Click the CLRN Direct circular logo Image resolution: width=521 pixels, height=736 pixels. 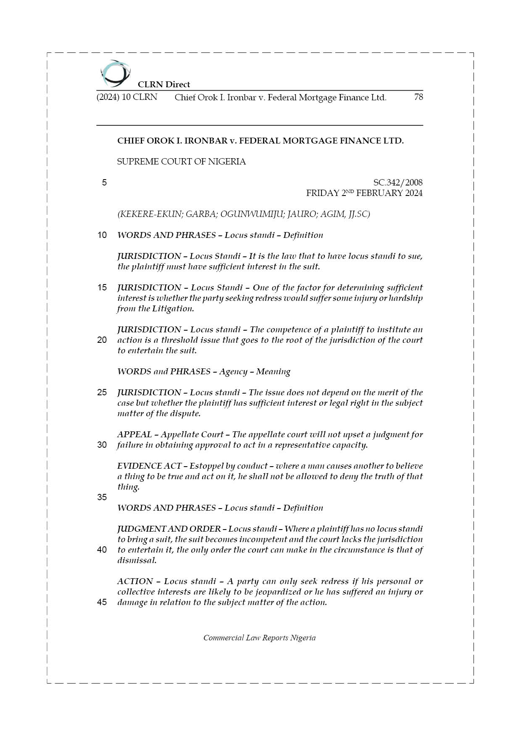click(x=115, y=73)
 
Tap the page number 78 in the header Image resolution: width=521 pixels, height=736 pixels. click(x=418, y=97)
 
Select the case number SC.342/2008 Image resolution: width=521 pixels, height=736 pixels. click(x=397, y=183)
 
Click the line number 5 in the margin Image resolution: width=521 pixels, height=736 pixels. click(x=104, y=183)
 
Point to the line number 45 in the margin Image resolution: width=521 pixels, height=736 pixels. click(x=102, y=602)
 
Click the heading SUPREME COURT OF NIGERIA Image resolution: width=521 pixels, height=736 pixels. click(x=181, y=162)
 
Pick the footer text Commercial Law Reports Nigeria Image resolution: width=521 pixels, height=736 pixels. click(x=259, y=638)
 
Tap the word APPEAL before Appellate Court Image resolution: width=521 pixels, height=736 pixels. click(x=134, y=434)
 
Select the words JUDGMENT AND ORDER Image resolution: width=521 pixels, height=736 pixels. click(x=169, y=529)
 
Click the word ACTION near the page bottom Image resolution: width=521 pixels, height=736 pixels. click(x=135, y=581)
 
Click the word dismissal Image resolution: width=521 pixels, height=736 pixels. click(x=137, y=560)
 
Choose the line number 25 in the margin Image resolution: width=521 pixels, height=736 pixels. click(x=102, y=392)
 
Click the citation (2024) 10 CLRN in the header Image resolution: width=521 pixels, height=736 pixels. click(x=127, y=97)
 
